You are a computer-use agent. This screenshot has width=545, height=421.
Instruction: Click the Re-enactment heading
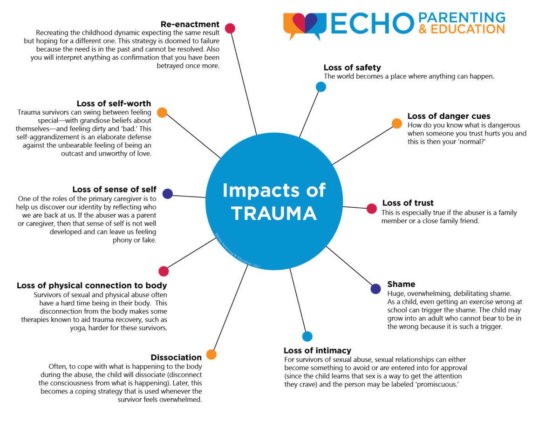(190, 24)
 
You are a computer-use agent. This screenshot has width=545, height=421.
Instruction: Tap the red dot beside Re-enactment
(230, 28)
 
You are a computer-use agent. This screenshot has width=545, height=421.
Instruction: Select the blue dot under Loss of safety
(321, 87)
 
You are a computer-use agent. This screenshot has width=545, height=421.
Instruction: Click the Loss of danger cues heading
(449, 116)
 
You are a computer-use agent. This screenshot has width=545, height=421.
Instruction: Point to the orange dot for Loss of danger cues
(396, 123)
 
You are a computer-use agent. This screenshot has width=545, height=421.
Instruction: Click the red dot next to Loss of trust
(372, 209)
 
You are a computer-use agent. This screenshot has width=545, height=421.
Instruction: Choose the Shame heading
(401, 284)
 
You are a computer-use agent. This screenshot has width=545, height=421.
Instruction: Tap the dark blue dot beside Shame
(375, 289)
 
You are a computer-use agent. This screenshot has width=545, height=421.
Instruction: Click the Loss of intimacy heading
(317, 351)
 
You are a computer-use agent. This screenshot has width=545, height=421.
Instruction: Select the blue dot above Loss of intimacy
(307, 336)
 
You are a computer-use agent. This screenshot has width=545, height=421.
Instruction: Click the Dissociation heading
(176, 358)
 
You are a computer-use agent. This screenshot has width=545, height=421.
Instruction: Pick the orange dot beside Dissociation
(211, 354)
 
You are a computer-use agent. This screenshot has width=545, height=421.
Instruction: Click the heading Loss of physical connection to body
(92, 285)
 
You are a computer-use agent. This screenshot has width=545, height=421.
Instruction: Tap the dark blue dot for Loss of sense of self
(168, 194)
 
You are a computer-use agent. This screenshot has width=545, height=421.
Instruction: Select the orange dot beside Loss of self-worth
(162, 113)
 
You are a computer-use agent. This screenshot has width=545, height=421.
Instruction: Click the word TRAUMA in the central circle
(274, 213)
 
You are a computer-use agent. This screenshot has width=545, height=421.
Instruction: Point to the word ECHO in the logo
(372, 24)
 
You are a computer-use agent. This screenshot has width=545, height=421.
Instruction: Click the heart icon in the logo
(305, 23)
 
